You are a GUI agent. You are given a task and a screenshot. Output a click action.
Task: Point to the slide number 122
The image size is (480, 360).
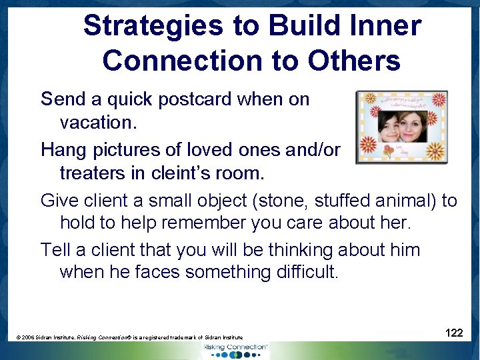[x=454, y=333]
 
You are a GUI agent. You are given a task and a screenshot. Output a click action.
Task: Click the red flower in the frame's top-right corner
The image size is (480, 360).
[x=439, y=100]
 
